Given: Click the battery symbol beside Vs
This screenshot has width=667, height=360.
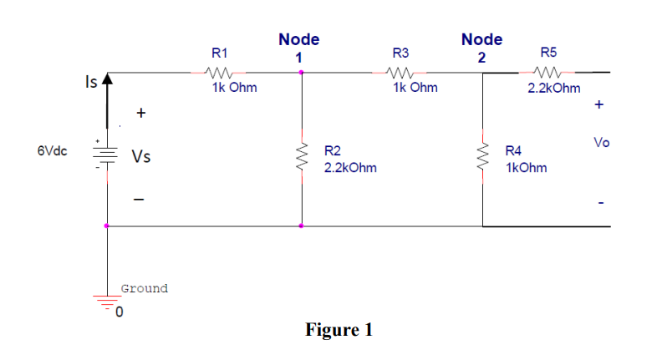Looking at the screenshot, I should (x=106, y=156).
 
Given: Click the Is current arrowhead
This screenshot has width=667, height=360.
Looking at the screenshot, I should (x=106, y=81).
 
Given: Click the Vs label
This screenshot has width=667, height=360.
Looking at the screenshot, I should (x=140, y=156).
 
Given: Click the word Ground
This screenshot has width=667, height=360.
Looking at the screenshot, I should (x=144, y=289).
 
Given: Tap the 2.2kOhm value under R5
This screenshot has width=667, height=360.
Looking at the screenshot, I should (x=554, y=88).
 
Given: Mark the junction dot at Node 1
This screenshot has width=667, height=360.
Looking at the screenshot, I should (x=301, y=73).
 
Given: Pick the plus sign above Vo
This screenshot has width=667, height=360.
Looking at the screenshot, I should (x=598, y=106).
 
